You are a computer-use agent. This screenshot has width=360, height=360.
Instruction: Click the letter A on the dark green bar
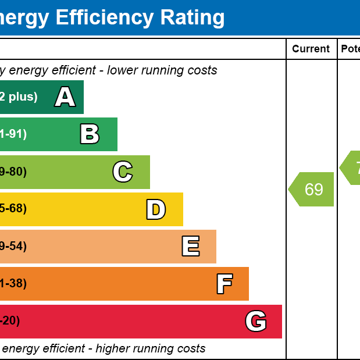65,97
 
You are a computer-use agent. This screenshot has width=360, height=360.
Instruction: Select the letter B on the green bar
90,134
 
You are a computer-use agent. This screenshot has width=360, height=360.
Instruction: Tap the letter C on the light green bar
122,172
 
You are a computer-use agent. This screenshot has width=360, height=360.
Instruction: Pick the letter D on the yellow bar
156,209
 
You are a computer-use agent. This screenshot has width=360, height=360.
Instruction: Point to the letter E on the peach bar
190,247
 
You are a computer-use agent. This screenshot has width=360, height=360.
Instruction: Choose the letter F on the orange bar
224,284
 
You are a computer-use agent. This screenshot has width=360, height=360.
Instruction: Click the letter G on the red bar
256,321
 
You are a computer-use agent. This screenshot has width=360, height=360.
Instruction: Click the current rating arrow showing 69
312,190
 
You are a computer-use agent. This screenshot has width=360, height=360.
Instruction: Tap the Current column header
311,49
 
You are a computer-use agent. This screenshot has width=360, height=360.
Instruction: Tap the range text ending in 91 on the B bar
13,134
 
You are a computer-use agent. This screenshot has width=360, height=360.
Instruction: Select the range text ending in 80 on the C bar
13,172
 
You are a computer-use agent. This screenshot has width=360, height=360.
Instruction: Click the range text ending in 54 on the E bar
13,247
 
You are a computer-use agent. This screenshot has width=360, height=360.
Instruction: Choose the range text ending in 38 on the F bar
13,284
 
